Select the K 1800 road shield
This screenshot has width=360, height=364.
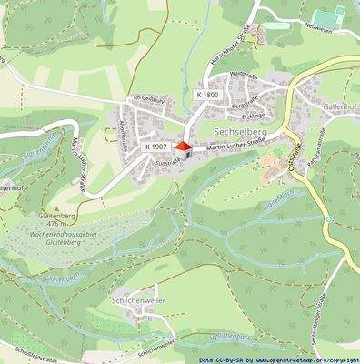coord(207,94)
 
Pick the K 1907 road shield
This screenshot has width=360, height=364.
coord(155,146)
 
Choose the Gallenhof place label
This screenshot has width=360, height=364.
coord(341,107)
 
